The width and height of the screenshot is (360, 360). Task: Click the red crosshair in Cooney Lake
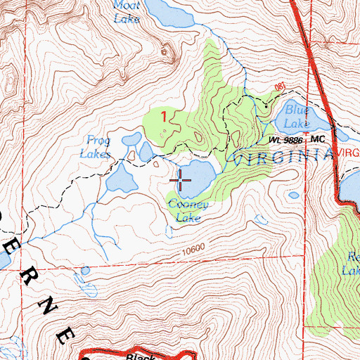181,182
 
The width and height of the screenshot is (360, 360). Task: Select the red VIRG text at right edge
348,152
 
